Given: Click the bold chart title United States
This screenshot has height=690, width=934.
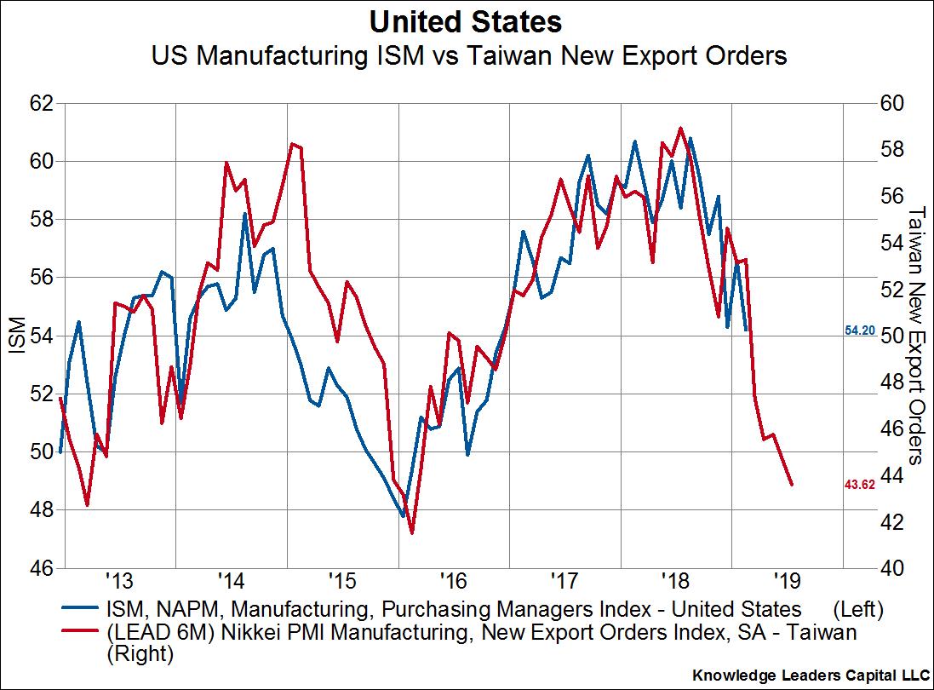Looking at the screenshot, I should pos(466,20).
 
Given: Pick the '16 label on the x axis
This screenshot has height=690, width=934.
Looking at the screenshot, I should pos(453,584).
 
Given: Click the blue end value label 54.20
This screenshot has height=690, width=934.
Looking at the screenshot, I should pos(859,330).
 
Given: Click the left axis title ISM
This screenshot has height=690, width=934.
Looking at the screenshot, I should pos(15,336).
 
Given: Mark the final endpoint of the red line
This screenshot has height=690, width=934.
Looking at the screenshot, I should pos(793,484).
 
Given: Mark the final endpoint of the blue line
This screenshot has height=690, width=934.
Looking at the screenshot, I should pos(746,330).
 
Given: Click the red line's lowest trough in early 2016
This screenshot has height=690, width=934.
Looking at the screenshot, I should pos(412,533).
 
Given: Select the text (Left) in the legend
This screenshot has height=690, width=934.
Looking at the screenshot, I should pos(855,609).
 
